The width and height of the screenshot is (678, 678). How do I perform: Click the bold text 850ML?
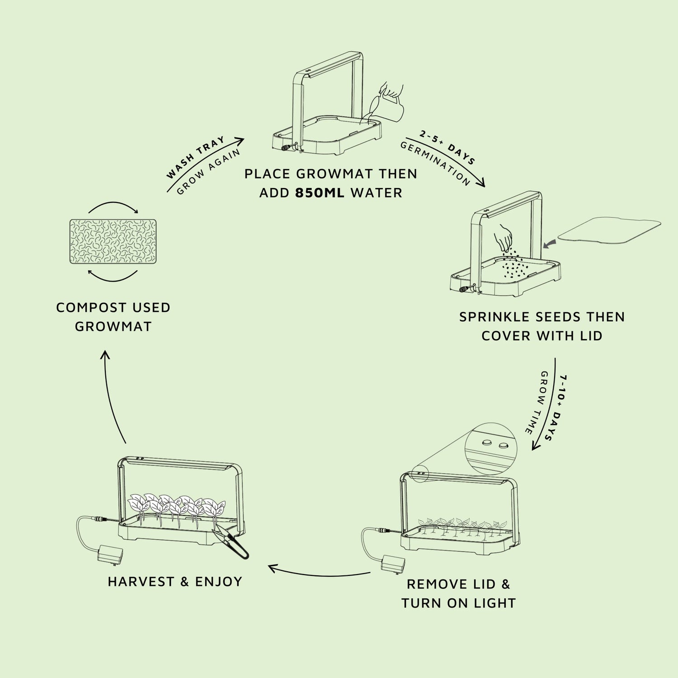[x=320, y=193]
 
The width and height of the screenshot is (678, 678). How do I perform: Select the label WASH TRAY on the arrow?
[x=195, y=157]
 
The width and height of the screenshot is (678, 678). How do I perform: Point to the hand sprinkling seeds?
[x=503, y=236]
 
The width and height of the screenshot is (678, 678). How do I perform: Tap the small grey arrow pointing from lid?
[x=550, y=244]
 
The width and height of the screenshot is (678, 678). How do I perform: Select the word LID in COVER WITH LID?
[x=590, y=336]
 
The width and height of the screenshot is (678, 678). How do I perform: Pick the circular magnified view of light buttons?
[x=490, y=448]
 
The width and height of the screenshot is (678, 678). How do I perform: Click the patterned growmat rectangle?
[x=113, y=241]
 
